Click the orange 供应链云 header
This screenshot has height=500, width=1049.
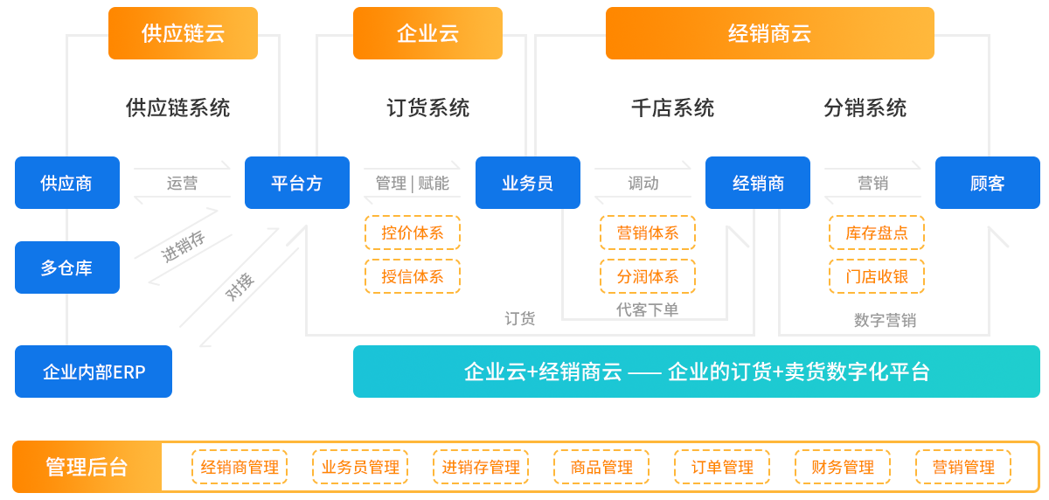[x=183, y=34]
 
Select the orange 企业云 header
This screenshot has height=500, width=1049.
[x=427, y=34]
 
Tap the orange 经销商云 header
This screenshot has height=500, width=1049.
[x=769, y=34]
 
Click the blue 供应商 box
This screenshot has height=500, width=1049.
[x=66, y=183]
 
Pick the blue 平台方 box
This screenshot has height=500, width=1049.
[x=296, y=183]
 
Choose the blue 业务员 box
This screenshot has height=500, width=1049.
[x=527, y=183]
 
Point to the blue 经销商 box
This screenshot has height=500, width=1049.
[x=757, y=183]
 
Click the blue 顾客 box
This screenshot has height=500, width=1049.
[x=987, y=183]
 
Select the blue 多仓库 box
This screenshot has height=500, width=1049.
[x=66, y=267]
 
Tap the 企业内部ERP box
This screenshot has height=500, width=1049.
[x=93, y=372]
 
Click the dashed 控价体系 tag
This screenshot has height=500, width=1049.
[x=413, y=233]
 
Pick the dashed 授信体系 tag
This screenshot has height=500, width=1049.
[x=413, y=276]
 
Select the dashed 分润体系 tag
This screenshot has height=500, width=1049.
[x=648, y=276]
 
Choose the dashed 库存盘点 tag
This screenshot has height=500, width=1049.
[x=877, y=233]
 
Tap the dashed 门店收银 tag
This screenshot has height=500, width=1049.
[x=877, y=276]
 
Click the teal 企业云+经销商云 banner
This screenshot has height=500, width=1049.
[x=696, y=372]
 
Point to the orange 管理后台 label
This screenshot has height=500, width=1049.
[x=87, y=467]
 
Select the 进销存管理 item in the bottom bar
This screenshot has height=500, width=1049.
[x=481, y=467]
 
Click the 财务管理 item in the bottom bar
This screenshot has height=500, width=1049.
[x=843, y=467]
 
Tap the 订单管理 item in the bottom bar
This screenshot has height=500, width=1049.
[x=722, y=467]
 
